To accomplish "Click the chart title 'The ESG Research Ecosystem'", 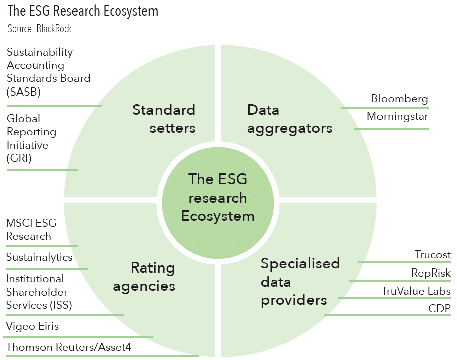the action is [83, 11].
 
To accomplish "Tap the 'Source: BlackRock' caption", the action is [40, 29].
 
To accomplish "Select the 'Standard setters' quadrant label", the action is [164, 119].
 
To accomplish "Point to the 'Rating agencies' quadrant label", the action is [144, 277].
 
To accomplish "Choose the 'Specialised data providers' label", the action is [300, 282].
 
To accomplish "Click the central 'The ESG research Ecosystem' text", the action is [218, 198].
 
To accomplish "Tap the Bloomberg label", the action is [400, 99].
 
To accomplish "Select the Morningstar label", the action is [398, 116].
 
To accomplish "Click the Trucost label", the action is [433, 255].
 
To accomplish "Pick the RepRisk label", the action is [431, 273].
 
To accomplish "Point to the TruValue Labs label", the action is [416, 291].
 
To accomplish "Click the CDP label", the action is [440, 308].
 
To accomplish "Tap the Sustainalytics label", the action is [39, 257].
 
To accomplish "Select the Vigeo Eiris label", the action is [32, 326].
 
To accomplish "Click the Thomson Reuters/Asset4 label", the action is [69, 347].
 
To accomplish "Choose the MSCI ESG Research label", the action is [31, 229].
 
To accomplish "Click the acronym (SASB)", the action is [24, 92].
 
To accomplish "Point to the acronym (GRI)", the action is [19, 158].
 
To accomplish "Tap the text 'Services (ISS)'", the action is [39, 305].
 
